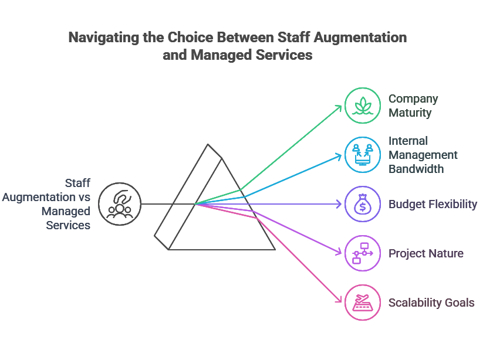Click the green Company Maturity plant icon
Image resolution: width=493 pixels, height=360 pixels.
(363, 106)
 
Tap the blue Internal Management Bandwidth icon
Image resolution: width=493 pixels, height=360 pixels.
(363, 155)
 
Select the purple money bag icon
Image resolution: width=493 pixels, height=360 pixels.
(363, 204)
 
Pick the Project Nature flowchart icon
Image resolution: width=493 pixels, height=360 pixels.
(363, 253)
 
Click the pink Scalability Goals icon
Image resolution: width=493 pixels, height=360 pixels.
(363, 303)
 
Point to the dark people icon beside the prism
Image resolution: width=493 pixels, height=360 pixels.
(120, 204)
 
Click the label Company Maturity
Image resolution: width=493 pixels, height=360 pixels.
(413, 106)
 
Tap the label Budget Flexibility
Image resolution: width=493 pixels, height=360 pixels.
(433, 204)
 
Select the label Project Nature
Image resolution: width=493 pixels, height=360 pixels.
(426, 253)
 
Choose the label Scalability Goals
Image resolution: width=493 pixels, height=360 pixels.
(431, 303)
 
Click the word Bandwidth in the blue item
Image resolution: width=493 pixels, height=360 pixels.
(416, 169)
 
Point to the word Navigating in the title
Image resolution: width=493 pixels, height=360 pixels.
(102, 38)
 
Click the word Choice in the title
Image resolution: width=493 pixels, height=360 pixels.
(191, 38)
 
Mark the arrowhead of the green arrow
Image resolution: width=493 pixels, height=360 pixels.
(340, 107)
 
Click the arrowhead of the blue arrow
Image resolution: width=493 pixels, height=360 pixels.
(340, 155)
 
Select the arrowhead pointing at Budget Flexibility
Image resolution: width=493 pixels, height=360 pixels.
(340, 204)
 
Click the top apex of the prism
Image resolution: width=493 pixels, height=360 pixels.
(207, 144)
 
